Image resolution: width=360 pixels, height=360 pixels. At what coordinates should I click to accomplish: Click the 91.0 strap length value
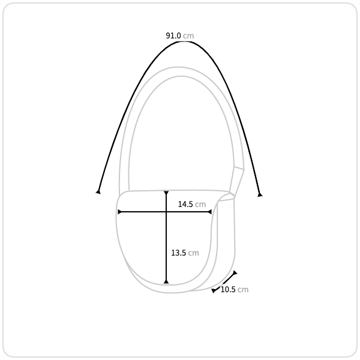coord(173,35)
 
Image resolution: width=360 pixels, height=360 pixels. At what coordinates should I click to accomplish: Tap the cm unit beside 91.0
coord(188,36)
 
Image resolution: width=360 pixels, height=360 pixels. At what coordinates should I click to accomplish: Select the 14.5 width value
coord(185,204)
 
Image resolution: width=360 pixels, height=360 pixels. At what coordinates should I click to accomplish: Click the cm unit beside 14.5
coord(200,205)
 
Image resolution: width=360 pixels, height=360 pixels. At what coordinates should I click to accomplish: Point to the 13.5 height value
coord(178,253)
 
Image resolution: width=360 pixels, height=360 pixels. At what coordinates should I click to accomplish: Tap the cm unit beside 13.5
coord(193,253)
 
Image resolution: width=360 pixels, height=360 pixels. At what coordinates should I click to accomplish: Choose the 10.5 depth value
coord(228,290)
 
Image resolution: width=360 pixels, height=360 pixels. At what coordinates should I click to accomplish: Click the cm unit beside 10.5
coord(243,290)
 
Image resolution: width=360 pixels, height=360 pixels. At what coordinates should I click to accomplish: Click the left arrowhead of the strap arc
coord(98,192)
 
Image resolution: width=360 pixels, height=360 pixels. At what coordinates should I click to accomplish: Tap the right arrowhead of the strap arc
coord(260,194)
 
